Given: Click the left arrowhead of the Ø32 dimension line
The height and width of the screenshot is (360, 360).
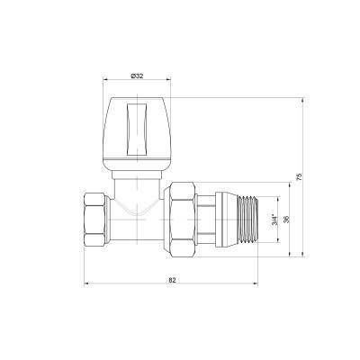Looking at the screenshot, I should [106, 84].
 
